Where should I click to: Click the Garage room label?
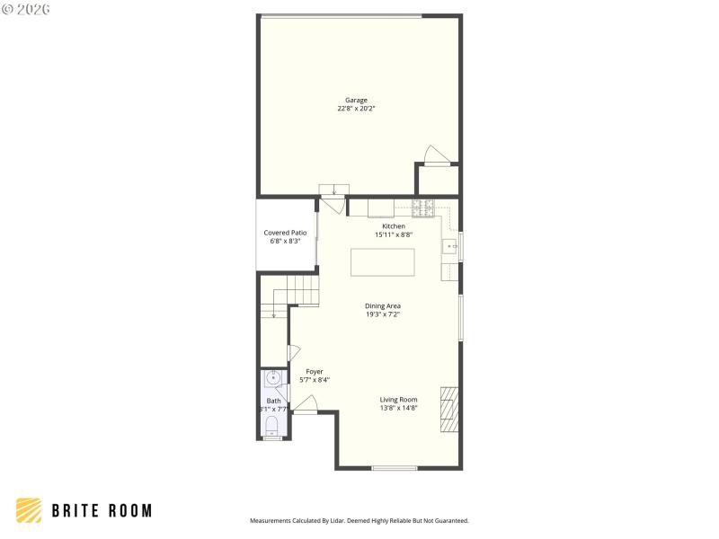pyautogui.click(x=357, y=100)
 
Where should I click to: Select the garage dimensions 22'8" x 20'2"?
pyautogui.click(x=357, y=109)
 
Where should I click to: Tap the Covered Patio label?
pyautogui.click(x=285, y=233)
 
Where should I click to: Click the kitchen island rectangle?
pyautogui.click(x=383, y=262)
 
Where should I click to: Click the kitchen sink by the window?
pyautogui.click(x=448, y=245)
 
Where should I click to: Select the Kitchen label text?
pyautogui.click(x=394, y=226)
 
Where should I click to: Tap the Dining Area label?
pyautogui.click(x=383, y=306)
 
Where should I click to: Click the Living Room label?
pyautogui.click(x=398, y=399)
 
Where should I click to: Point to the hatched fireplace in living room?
pyautogui.click(x=449, y=409)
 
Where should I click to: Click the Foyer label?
pyautogui.click(x=315, y=371)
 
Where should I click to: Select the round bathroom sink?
pyautogui.click(x=273, y=378)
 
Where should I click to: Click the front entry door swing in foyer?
pyautogui.click(x=305, y=409)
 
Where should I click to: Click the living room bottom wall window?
pyautogui.click(x=395, y=467)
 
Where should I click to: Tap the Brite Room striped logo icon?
pyautogui.click(x=29, y=509)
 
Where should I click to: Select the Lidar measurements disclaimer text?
pyautogui.click(x=359, y=520)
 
